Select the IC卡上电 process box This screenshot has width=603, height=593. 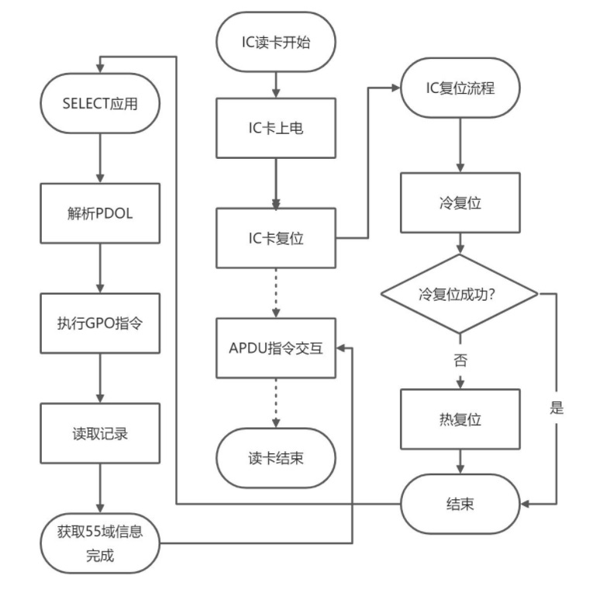pos(275,128)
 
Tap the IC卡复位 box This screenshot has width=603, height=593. pos(275,238)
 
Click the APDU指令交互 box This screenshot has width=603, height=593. pos(275,348)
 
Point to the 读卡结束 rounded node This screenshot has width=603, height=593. pos(275,458)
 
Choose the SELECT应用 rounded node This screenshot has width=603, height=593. pos(99,103)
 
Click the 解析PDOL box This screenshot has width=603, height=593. pos(99,213)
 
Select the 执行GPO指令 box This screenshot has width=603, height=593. pos(99,323)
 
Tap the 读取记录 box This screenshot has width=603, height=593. pos(99,433)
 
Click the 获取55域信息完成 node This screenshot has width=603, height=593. pos(99,543)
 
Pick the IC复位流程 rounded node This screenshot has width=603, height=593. pos(460,88)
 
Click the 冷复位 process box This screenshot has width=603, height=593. pos(460,202)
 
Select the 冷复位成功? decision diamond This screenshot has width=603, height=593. pos(460,295)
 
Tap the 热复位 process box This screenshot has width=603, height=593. pos(460,419)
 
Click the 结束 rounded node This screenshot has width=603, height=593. pos(460,504)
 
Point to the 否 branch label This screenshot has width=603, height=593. pos(461,360)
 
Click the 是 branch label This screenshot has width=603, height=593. pos(556,409)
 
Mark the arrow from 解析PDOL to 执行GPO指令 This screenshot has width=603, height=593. pos(99,268)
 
